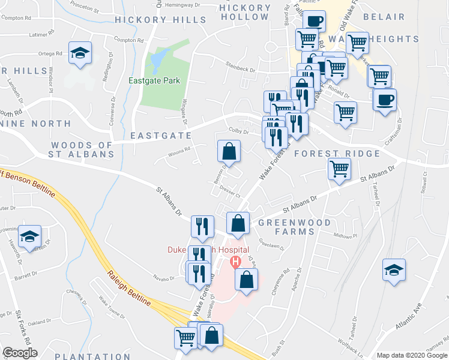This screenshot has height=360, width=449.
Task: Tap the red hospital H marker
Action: [235, 262]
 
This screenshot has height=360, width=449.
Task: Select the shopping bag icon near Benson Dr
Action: [229, 152]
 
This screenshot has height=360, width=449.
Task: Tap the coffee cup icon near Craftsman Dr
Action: [385, 99]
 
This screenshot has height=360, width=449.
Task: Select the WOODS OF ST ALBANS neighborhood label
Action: [82, 149]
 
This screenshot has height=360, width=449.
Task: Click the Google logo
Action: [20, 353]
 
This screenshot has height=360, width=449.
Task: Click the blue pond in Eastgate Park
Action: [157, 59]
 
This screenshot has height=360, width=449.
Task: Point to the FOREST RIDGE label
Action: [337, 154]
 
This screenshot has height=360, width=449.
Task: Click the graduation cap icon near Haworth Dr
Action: [29, 236]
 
